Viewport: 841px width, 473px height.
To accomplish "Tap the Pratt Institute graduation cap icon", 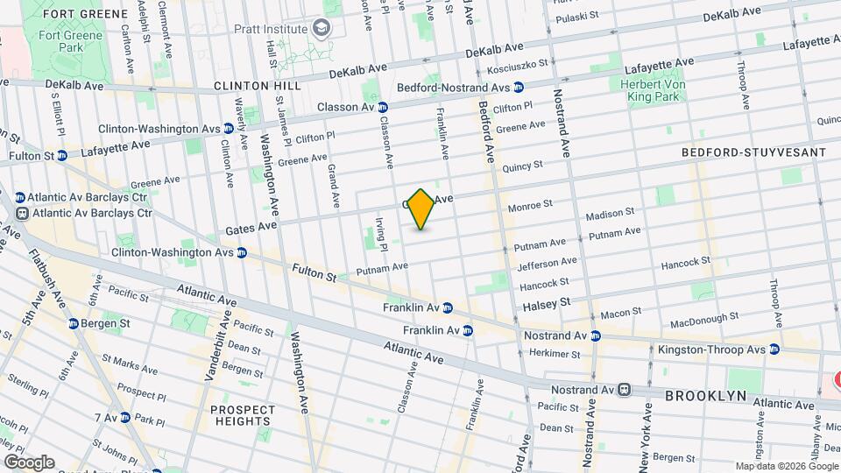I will (324, 30).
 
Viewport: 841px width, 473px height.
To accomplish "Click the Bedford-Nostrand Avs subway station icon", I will (519, 88).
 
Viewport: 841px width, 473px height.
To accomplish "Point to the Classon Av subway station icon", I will (382, 107).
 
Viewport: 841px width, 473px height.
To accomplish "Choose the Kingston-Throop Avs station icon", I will (774, 349).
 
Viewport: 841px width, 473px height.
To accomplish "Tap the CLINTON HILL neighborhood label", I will (257, 86).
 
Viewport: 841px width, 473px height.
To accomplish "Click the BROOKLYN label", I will (705, 396).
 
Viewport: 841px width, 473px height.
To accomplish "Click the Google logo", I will (28, 462).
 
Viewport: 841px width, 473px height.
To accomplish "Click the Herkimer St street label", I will (555, 354).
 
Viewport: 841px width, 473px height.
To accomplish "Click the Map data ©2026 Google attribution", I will (785, 466).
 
